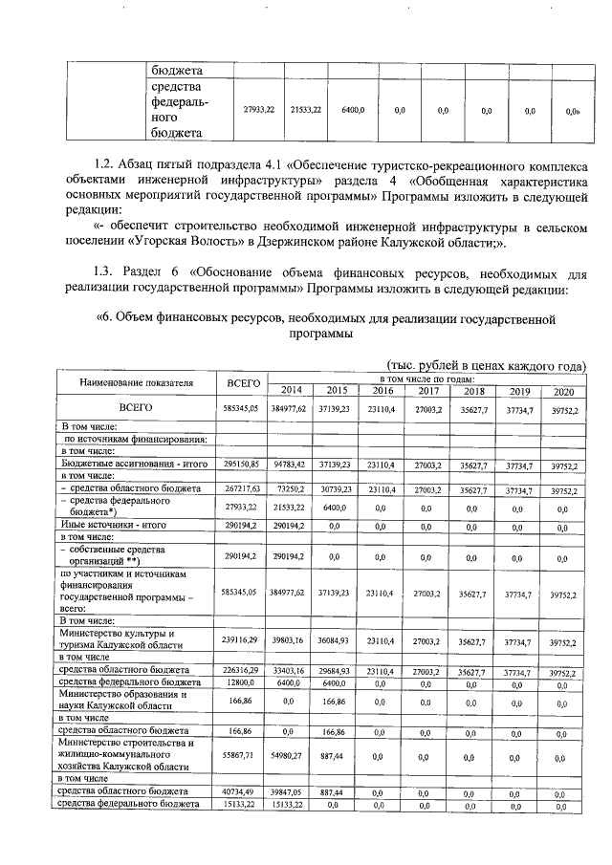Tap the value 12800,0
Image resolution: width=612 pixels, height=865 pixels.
coord(242,683)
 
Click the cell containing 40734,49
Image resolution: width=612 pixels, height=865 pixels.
coord(242,791)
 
